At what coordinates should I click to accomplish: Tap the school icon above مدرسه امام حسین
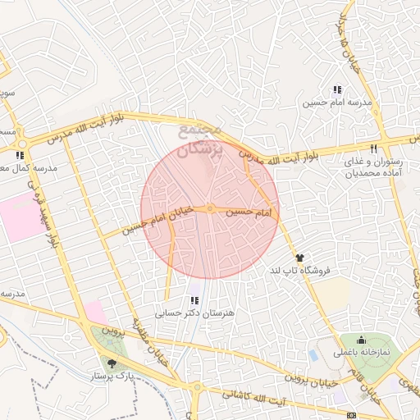tap(336, 89)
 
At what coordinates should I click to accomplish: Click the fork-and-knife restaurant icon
tap(373, 148)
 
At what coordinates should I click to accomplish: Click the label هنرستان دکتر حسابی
tap(194, 313)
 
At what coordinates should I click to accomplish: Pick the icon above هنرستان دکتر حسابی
tap(194, 300)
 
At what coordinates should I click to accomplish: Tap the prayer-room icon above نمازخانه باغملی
tap(361, 340)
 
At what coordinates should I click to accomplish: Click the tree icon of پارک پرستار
tap(112, 362)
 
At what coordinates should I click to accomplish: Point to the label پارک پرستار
tap(112, 375)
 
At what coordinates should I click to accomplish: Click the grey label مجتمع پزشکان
tap(199, 139)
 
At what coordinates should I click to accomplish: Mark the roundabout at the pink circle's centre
tap(210, 209)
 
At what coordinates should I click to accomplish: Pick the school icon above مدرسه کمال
tap(19, 154)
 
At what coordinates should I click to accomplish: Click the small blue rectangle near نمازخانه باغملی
tap(313, 355)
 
